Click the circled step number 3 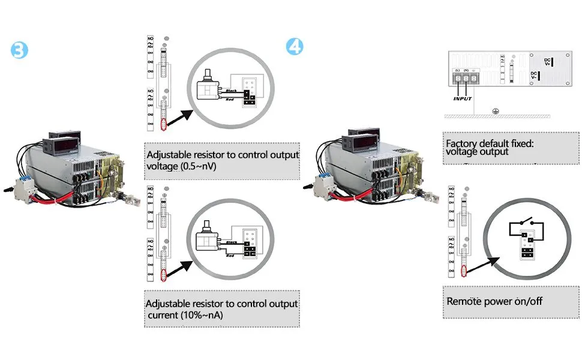click(20, 50)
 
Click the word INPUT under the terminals click(463, 98)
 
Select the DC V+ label click(548, 62)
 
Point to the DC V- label click(535, 77)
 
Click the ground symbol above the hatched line click(494, 110)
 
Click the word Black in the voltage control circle click(231, 91)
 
